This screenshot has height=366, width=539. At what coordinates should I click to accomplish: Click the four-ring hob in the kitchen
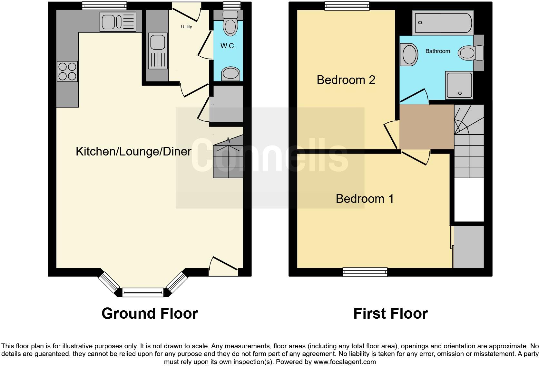click(67, 71)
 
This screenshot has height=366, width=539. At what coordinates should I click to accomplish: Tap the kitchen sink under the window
click(118, 22)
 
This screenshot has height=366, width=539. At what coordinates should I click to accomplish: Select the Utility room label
click(186, 27)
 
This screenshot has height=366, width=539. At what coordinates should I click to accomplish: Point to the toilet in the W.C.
click(230, 23)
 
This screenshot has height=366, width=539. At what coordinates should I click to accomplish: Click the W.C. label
click(228, 46)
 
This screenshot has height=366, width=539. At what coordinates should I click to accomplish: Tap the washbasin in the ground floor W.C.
click(230, 74)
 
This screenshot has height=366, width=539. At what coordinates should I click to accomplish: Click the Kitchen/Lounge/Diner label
click(133, 151)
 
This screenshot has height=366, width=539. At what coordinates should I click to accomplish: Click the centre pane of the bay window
click(143, 292)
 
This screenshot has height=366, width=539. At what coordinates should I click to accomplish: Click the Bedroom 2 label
click(346, 80)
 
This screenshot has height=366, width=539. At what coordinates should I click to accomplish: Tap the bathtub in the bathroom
click(443, 23)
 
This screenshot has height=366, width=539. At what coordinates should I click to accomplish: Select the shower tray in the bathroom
click(459, 85)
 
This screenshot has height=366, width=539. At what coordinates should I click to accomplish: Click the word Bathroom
click(437, 51)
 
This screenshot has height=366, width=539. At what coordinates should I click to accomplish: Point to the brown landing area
click(426, 127)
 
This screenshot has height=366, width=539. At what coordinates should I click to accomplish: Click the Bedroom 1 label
click(365, 199)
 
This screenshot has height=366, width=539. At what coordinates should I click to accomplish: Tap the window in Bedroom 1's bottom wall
click(365, 272)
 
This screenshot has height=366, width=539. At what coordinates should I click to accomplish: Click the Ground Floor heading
click(150, 314)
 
